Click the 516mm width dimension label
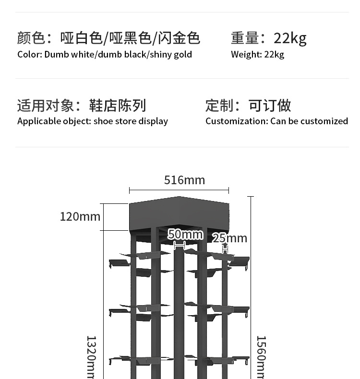pos(184,180)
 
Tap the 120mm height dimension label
pos(80,216)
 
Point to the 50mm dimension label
pos(185,235)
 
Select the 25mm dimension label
pos(229,238)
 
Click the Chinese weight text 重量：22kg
pos(268,38)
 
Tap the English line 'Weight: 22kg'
pos(257,54)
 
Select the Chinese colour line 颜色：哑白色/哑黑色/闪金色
pos(108,38)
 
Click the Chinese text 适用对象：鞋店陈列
pos(82,106)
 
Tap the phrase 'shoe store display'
pos(131,121)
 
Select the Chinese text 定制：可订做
pos(248,106)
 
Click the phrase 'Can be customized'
pos(309,121)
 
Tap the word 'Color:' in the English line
pos(30,54)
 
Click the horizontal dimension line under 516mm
pos(179,190)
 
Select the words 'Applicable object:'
pos(54,121)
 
